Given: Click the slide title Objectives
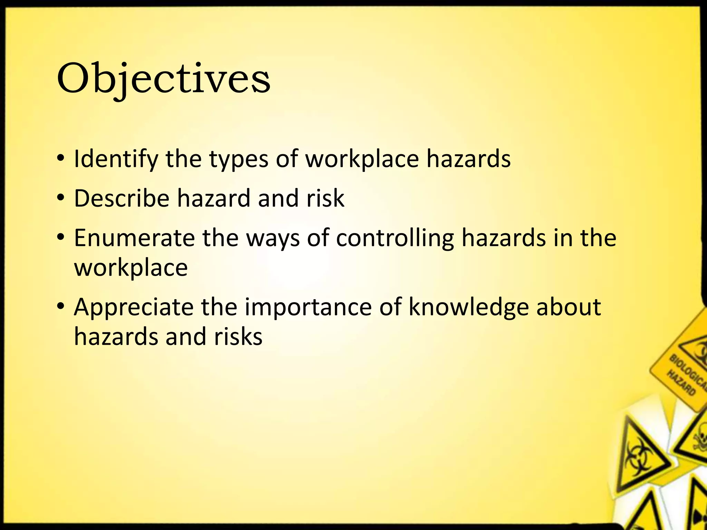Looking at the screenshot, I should coord(163,79).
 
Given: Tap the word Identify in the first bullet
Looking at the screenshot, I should coord(116,159).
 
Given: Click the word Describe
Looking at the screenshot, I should coord(122,198).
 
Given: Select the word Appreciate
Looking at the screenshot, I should coord(134,307).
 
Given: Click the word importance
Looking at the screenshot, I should coord(308,307).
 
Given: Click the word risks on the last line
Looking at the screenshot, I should coord(238,337).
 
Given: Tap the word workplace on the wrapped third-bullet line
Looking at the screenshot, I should coord(131,268).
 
